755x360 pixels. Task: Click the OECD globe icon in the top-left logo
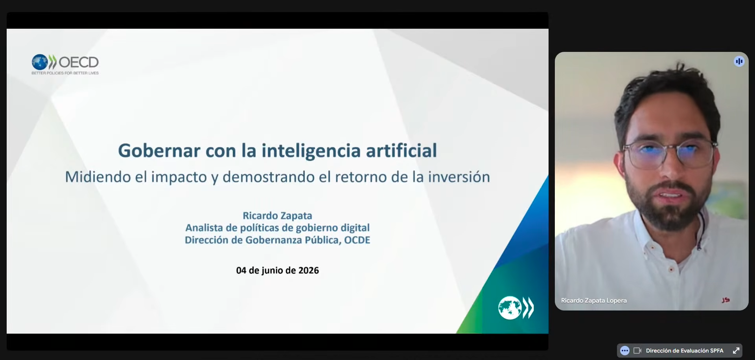tap(40, 62)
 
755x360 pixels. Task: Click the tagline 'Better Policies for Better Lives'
tap(65, 73)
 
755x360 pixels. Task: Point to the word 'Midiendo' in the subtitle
tap(98, 177)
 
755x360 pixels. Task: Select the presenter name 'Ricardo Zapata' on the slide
tap(277, 216)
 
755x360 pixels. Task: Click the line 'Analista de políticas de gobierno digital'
tap(278, 228)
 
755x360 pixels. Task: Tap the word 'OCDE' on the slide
tap(357, 240)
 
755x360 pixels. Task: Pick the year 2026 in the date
tap(308, 270)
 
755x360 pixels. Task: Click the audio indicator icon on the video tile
tap(739, 61)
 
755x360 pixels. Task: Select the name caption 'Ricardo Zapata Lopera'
tap(594, 301)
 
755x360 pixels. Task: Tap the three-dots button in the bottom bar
tap(625, 351)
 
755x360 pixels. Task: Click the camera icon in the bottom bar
tap(637, 351)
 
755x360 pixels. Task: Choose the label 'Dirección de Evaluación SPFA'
tap(685, 351)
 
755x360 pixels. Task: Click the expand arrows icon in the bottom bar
tap(736, 351)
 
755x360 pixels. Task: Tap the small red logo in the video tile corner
tap(726, 300)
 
